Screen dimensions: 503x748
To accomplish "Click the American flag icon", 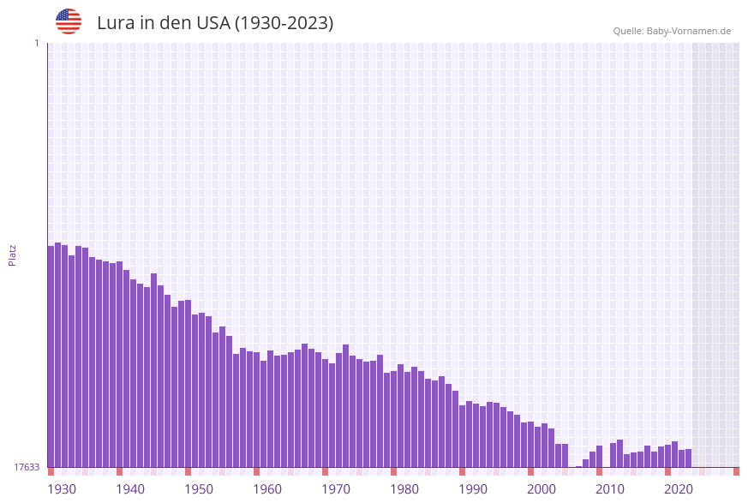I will [69, 21].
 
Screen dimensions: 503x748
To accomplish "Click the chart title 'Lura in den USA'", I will [215, 23].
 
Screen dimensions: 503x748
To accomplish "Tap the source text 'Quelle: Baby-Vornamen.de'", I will [672, 31].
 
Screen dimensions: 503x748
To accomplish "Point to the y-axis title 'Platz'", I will [13, 254].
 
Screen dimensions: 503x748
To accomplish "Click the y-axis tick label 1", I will [36, 44].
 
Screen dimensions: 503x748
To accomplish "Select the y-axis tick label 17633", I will [26, 467].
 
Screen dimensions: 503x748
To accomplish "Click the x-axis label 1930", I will [62, 489].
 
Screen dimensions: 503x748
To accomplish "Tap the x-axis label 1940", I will [130, 489].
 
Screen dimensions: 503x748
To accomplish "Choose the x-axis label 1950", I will [199, 489].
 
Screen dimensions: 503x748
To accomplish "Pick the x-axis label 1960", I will [267, 489].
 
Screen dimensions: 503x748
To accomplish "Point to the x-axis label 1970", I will [336, 489].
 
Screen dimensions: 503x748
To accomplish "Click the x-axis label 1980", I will [404, 489].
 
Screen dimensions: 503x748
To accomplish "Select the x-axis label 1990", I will [473, 489].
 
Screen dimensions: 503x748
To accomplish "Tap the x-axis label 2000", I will [542, 489].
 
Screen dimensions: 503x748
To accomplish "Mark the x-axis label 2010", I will [610, 489].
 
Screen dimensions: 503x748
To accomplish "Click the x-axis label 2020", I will [679, 489].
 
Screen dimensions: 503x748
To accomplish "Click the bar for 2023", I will [688, 458].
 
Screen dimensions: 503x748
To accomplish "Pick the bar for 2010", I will [599, 456].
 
